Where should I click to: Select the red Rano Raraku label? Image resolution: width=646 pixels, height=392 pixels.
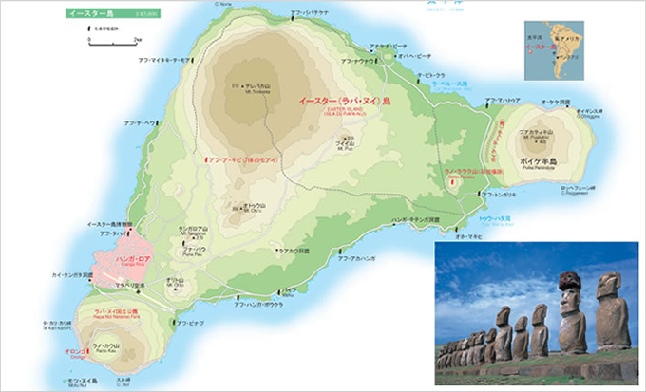[x=465, y=173]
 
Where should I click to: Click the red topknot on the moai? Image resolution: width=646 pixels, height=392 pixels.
[x=569, y=278]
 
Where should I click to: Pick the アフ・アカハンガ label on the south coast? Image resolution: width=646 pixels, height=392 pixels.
[x=358, y=257]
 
